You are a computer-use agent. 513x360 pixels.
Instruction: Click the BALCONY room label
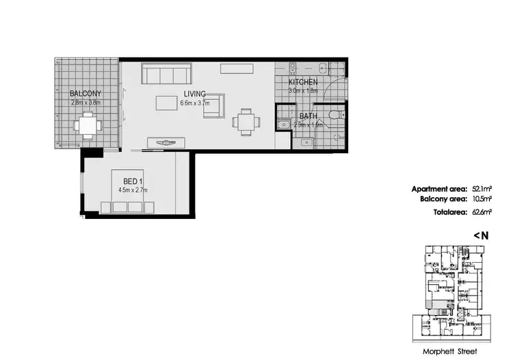click(85, 94)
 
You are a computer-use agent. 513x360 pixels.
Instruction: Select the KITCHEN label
click(303, 81)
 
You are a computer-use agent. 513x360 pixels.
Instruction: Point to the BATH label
click(308, 116)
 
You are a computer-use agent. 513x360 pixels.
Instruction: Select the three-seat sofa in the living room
click(168, 73)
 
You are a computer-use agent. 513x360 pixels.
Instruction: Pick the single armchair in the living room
click(213, 105)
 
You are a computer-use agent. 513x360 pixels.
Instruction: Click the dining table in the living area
click(245, 122)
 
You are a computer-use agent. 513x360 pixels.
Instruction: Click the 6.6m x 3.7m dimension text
click(195, 103)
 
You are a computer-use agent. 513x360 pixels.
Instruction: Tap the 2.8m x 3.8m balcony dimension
click(85, 102)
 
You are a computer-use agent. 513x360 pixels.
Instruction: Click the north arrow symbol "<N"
click(481, 235)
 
